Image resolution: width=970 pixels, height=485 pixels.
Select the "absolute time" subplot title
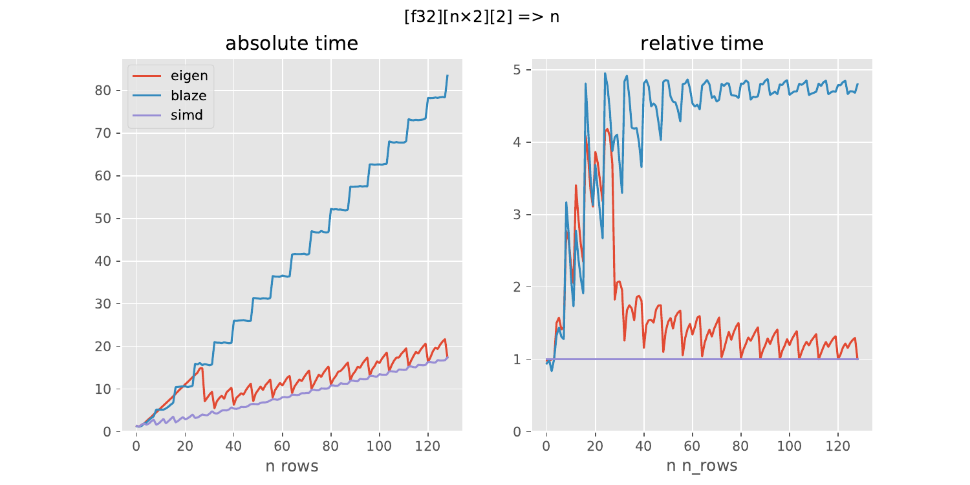point(291,43)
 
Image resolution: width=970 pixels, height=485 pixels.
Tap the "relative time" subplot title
point(702,43)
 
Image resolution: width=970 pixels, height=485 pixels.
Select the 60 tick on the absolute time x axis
point(282,446)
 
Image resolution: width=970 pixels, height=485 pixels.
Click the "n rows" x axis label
point(291,466)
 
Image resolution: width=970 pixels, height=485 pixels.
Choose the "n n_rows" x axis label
point(702,466)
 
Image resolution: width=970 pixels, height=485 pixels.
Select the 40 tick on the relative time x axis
point(643,446)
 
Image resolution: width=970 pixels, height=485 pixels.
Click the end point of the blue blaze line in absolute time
point(447,76)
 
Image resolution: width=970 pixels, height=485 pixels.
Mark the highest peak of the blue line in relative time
point(605,73)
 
